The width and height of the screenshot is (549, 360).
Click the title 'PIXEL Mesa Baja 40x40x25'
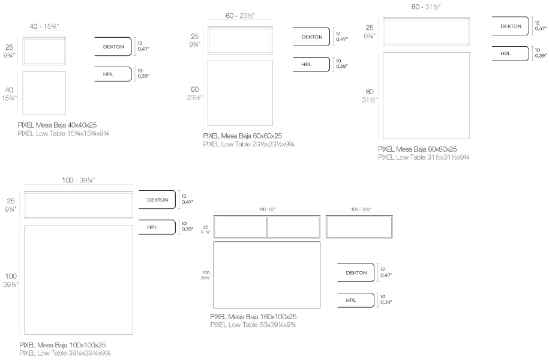57,125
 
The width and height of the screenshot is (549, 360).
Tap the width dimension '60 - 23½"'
240,16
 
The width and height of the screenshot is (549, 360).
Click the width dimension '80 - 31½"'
426,7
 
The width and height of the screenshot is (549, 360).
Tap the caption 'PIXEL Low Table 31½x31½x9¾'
424,157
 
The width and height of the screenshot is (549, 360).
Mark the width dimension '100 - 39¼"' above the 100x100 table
79,180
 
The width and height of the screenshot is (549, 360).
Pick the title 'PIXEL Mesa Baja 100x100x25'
62,345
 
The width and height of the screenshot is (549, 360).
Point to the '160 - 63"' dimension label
267,209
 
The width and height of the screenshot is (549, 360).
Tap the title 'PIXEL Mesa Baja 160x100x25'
253,317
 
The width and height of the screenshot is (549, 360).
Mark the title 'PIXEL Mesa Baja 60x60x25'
242,136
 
